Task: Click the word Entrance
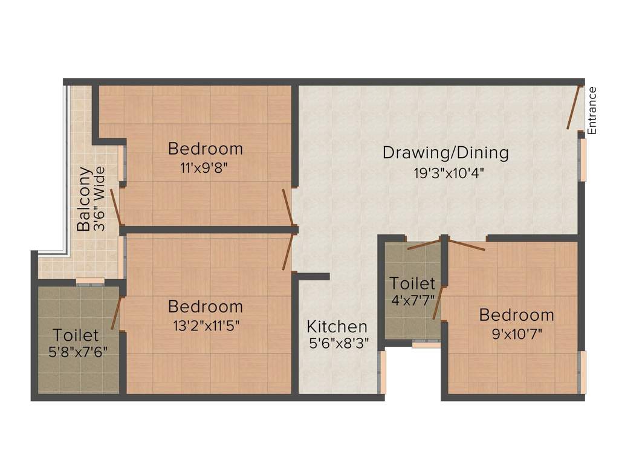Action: coord(592,111)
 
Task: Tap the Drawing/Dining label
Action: coord(446,153)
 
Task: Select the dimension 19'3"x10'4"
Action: coord(449,173)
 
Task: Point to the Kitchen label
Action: coord(337,327)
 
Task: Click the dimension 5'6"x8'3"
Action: coord(339,343)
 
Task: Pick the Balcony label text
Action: coord(84,199)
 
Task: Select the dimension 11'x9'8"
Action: coord(204,168)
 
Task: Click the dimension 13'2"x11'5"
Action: coord(206,326)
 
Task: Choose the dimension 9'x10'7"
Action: coord(517,334)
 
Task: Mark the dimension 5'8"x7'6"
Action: coord(78,352)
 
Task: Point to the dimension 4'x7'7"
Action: coord(412,300)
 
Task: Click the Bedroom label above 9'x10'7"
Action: coord(516,315)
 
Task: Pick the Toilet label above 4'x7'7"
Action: coord(412,283)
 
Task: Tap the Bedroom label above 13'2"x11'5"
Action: coord(206,306)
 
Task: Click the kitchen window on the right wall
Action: coord(381,372)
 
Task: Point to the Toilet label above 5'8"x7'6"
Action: coord(76,335)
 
